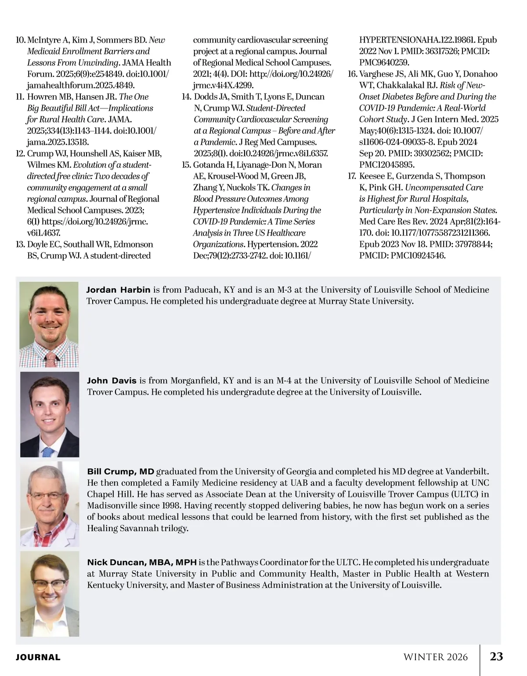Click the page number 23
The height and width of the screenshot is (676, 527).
pos(496,656)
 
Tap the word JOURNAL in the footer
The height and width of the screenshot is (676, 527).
pos(38,657)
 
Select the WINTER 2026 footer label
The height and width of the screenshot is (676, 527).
pos(436,657)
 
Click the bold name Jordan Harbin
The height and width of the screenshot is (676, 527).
pos(118,290)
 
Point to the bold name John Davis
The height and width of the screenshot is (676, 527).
pos(112,381)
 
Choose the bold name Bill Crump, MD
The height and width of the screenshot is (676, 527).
pos(121,472)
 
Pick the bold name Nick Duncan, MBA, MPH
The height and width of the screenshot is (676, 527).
pos(141,562)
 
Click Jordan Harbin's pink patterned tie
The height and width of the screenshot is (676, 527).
pos(51,360)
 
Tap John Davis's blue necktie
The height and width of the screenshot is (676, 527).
pos(48,452)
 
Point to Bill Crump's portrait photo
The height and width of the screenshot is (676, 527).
pos(50,504)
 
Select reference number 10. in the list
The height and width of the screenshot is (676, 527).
pos(20,40)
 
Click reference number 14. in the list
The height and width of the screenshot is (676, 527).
pos(186,97)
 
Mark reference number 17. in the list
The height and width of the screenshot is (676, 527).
pos(352,176)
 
